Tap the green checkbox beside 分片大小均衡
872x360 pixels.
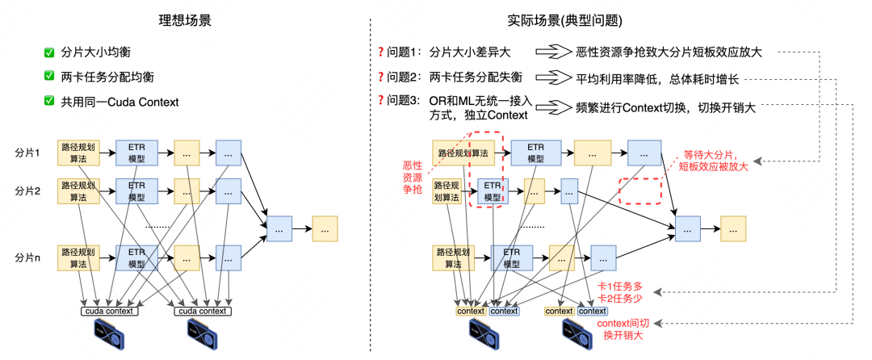(x=49, y=54)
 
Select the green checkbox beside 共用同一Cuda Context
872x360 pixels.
(x=49, y=103)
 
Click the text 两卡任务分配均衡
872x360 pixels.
(x=107, y=78)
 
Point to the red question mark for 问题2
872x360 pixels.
(x=380, y=78)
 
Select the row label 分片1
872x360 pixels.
(x=27, y=152)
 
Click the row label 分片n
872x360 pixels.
(x=27, y=256)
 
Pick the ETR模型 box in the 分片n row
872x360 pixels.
(x=136, y=257)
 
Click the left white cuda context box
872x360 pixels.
(x=110, y=311)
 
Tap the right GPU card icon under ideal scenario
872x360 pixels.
(x=203, y=332)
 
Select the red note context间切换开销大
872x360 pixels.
(x=625, y=329)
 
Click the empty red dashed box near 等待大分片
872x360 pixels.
(x=639, y=190)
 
